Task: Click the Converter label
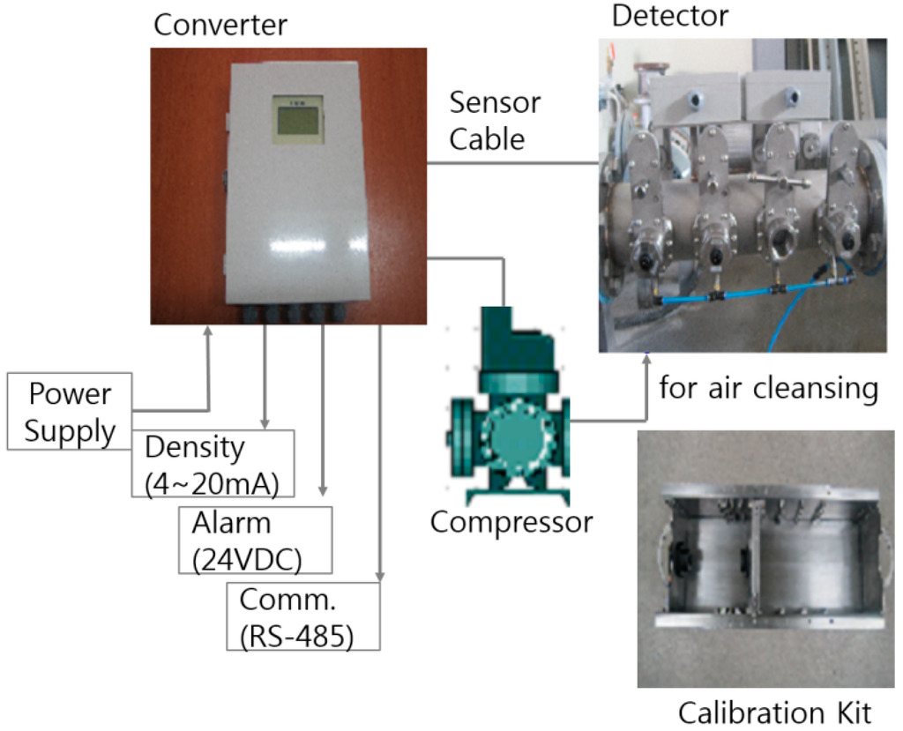click(x=220, y=24)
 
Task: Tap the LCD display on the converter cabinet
click(x=297, y=118)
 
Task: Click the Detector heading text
click(x=670, y=15)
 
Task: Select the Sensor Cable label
click(x=494, y=121)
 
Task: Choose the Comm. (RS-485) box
click(x=303, y=616)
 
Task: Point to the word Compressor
click(x=511, y=521)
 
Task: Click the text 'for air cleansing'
click(x=768, y=387)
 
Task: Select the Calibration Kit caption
click(x=774, y=711)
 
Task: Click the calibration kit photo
click(x=765, y=557)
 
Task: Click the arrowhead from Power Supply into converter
click(x=209, y=332)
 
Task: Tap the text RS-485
click(x=297, y=634)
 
